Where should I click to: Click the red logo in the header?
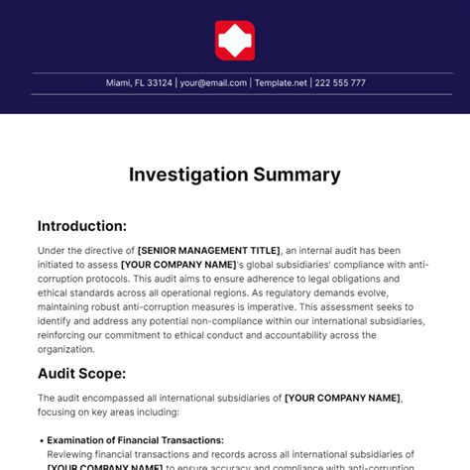click(235, 41)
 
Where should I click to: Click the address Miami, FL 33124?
click(139, 83)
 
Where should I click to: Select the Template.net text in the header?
click(281, 83)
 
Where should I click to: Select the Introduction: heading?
click(82, 226)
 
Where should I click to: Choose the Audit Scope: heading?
click(81, 373)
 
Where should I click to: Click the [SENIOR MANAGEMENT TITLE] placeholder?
click(209, 251)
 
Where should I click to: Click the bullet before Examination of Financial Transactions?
click(42, 440)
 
